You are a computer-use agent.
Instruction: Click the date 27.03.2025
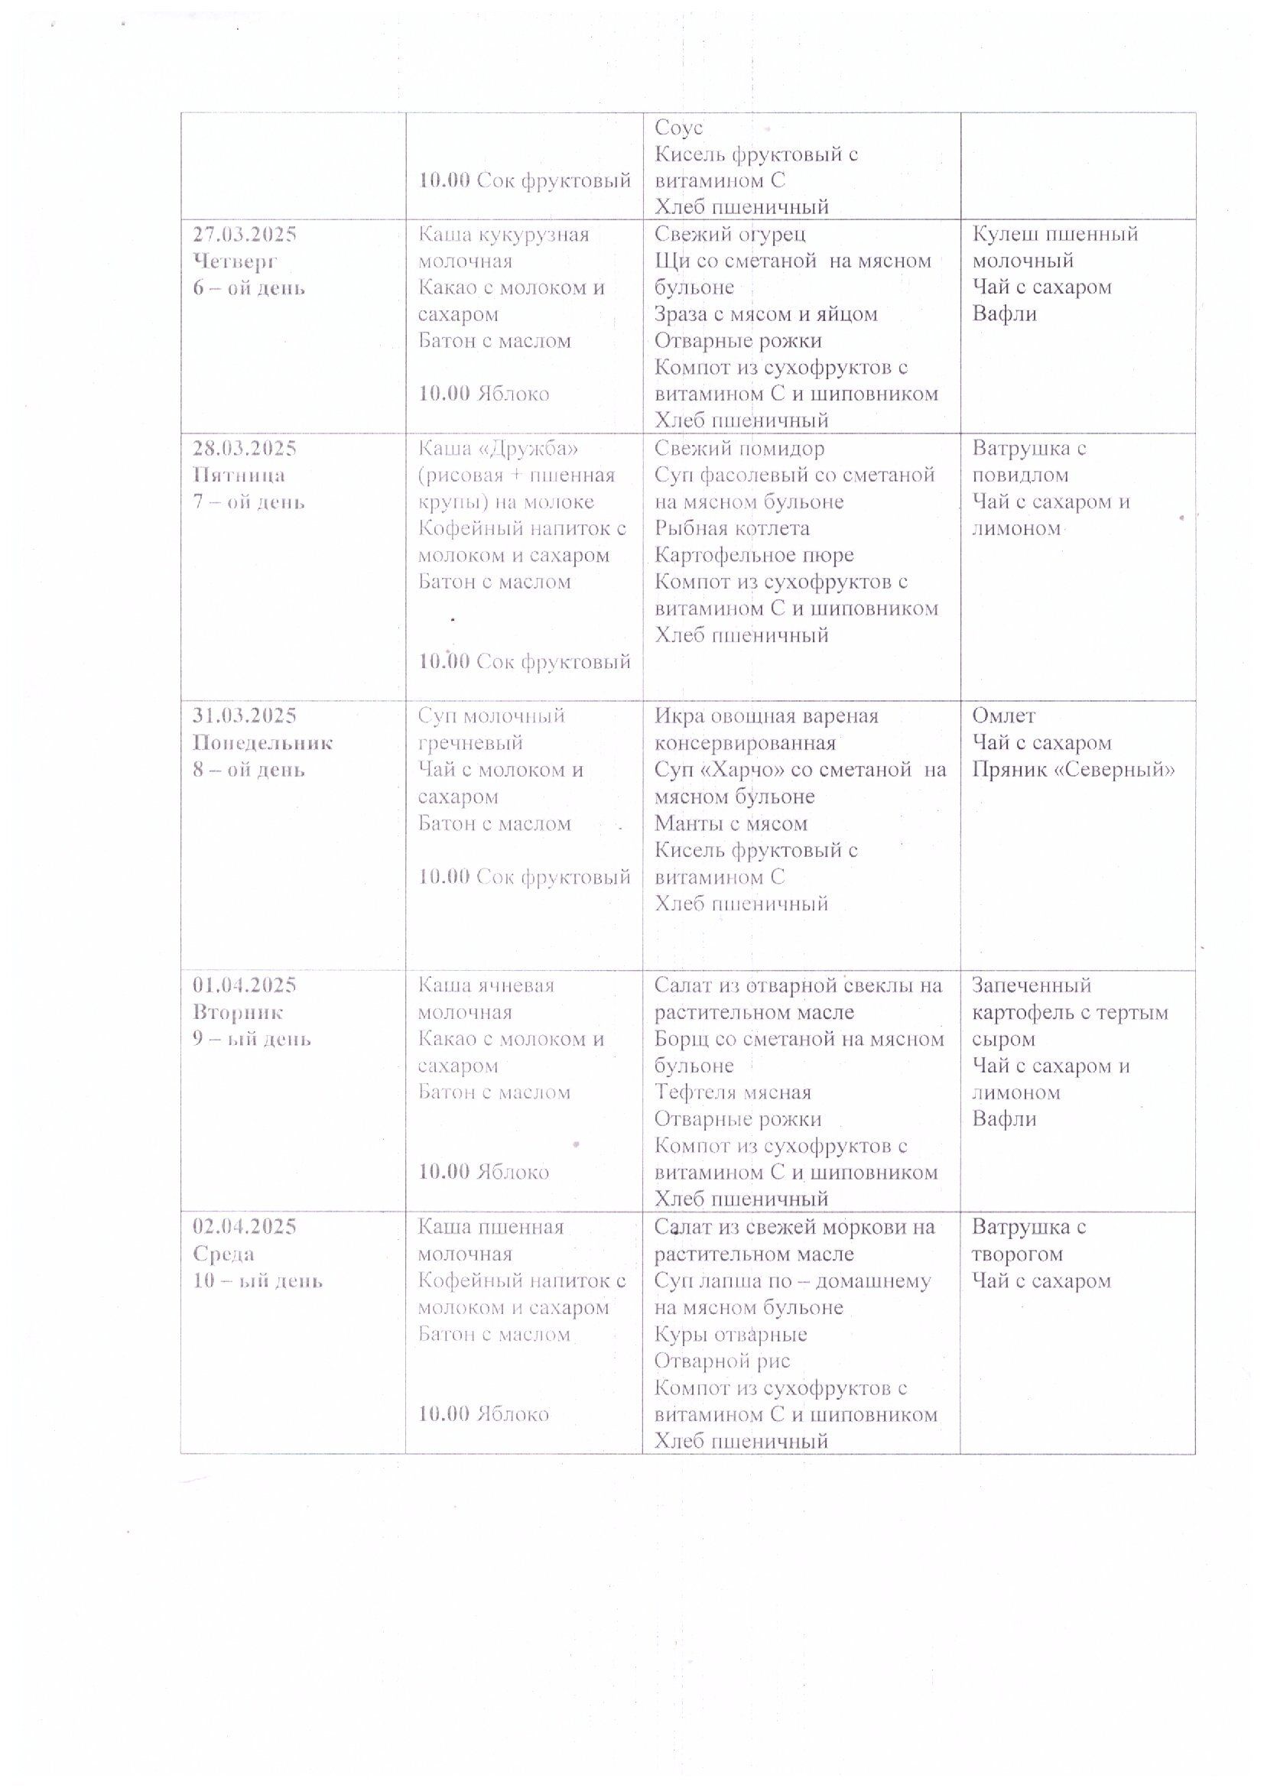(x=244, y=235)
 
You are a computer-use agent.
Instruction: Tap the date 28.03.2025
(x=244, y=449)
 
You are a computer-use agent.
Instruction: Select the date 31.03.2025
(x=245, y=716)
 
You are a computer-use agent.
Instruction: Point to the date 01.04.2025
(x=245, y=985)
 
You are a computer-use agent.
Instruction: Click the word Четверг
(x=236, y=261)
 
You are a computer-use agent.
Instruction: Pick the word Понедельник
(x=262, y=743)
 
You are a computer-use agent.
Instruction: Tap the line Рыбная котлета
(x=731, y=529)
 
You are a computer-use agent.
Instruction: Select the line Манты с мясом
(x=730, y=823)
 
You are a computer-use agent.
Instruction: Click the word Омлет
(x=1004, y=716)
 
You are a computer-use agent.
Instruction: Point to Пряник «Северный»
(x=1073, y=770)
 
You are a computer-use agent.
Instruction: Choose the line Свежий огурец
(x=729, y=235)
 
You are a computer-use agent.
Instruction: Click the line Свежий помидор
(x=739, y=449)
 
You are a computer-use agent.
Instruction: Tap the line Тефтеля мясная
(x=732, y=1092)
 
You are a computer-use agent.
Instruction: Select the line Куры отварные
(x=729, y=1334)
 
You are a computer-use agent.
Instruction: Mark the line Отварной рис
(x=722, y=1361)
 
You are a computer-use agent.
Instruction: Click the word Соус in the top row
(x=678, y=128)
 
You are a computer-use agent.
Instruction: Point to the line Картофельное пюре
(x=754, y=555)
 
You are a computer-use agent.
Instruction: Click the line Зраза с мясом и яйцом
(x=765, y=315)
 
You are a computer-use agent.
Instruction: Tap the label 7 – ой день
(x=249, y=501)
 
